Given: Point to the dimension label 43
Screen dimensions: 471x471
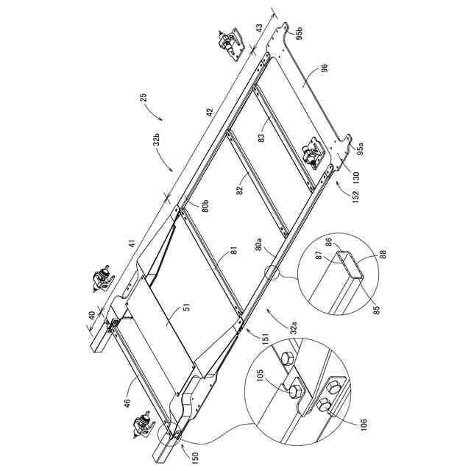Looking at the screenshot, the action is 258,28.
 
